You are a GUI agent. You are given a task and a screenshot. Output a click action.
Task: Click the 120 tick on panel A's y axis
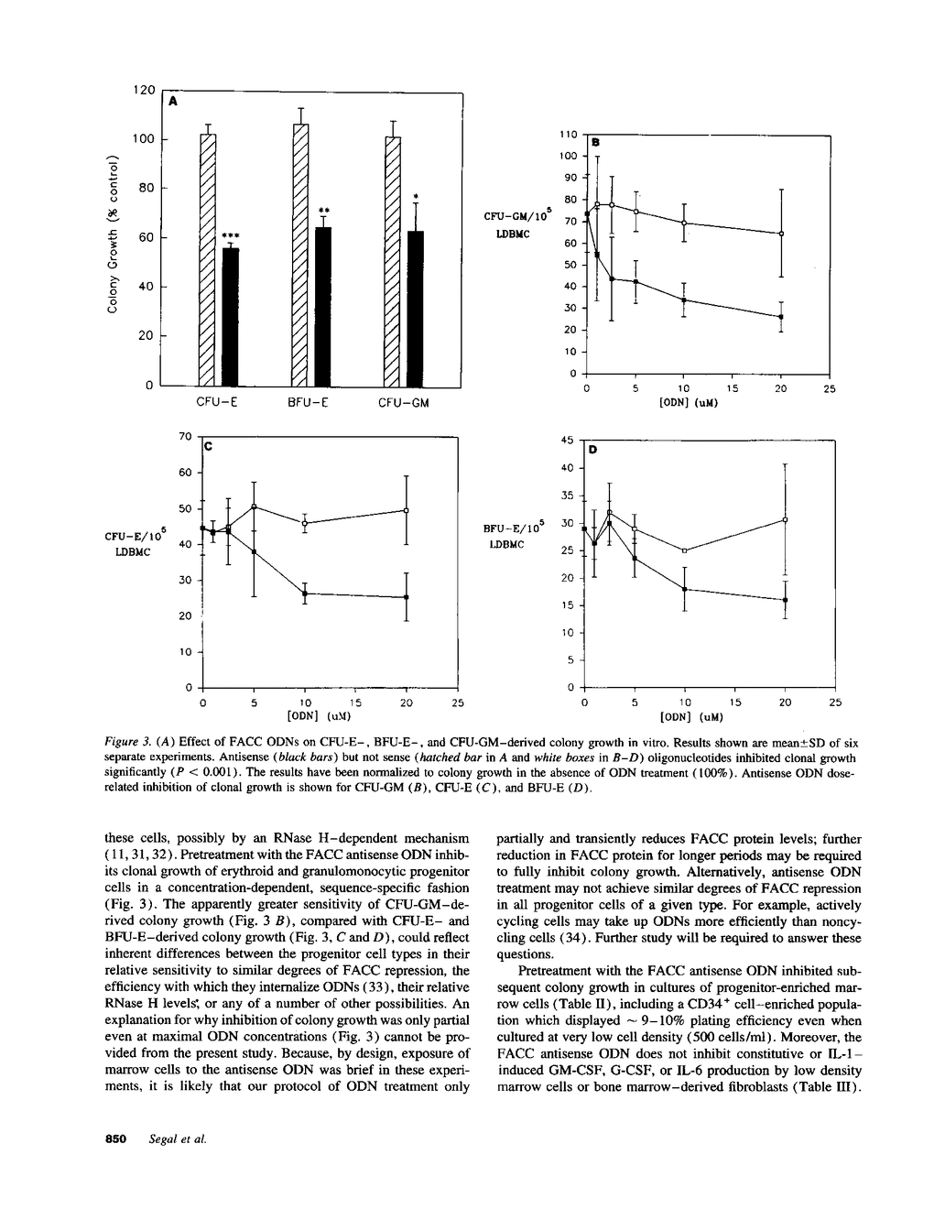[144, 90]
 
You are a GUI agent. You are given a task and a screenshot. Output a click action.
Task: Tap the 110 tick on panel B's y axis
[568, 135]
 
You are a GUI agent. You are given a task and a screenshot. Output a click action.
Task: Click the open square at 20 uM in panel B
[781, 234]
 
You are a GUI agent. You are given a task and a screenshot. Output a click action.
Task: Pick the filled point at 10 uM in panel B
[684, 300]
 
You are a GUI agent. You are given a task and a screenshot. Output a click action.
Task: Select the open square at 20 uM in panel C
[407, 510]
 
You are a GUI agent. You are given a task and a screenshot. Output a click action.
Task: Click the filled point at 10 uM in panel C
[304, 594]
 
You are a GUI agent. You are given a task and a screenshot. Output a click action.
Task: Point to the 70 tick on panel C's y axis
[186, 437]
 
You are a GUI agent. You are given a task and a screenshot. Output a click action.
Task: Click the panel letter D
[592, 450]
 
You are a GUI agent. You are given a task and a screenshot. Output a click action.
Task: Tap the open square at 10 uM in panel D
[685, 550]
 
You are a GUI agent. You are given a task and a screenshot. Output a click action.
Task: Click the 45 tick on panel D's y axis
[566, 441]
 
